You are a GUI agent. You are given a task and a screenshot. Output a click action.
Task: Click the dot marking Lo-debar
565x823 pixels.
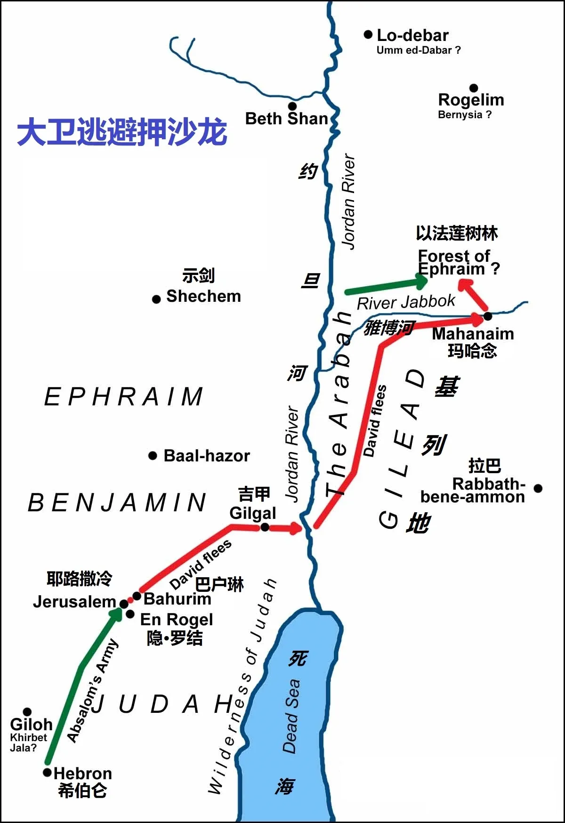pyautogui.click(x=368, y=34)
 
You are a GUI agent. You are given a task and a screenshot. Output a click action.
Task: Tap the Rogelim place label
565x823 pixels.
pyautogui.click(x=471, y=100)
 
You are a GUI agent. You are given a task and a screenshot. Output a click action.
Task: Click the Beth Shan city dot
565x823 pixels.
pyautogui.click(x=292, y=106)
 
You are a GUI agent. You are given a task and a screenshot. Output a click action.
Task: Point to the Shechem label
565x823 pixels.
pyautogui.click(x=203, y=296)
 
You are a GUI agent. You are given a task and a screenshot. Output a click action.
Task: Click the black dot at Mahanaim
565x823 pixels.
pyautogui.click(x=488, y=316)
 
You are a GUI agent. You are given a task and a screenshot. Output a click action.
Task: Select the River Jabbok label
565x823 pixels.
pyautogui.click(x=406, y=302)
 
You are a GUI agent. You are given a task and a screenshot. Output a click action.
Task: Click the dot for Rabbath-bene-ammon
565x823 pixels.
pyautogui.click(x=538, y=488)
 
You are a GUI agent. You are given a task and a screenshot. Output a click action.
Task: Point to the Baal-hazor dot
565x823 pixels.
pyautogui.click(x=153, y=455)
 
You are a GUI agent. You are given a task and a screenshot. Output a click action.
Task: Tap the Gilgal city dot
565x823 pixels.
pyautogui.click(x=265, y=527)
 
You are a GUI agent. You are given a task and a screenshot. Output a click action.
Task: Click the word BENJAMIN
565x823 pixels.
pyautogui.click(x=117, y=503)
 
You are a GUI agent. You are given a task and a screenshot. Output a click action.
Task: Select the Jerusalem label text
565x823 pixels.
pyautogui.click(x=74, y=602)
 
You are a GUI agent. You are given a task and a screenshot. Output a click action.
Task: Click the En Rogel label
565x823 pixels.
pyautogui.click(x=177, y=619)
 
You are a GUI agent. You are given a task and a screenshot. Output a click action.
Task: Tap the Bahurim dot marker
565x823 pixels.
pyautogui.click(x=137, y=596)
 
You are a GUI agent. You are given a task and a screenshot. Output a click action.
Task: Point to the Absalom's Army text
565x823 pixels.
pyautogui.click(x=92, y=691)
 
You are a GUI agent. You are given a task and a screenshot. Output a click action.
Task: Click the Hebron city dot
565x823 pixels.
pyautogui.click(x=47, y=773)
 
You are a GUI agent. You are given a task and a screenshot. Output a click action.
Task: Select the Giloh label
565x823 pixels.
pyautogui.click(x=31, y=725)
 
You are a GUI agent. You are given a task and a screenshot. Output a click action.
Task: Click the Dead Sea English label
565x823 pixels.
pyautogui.click(x=291, y=716)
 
